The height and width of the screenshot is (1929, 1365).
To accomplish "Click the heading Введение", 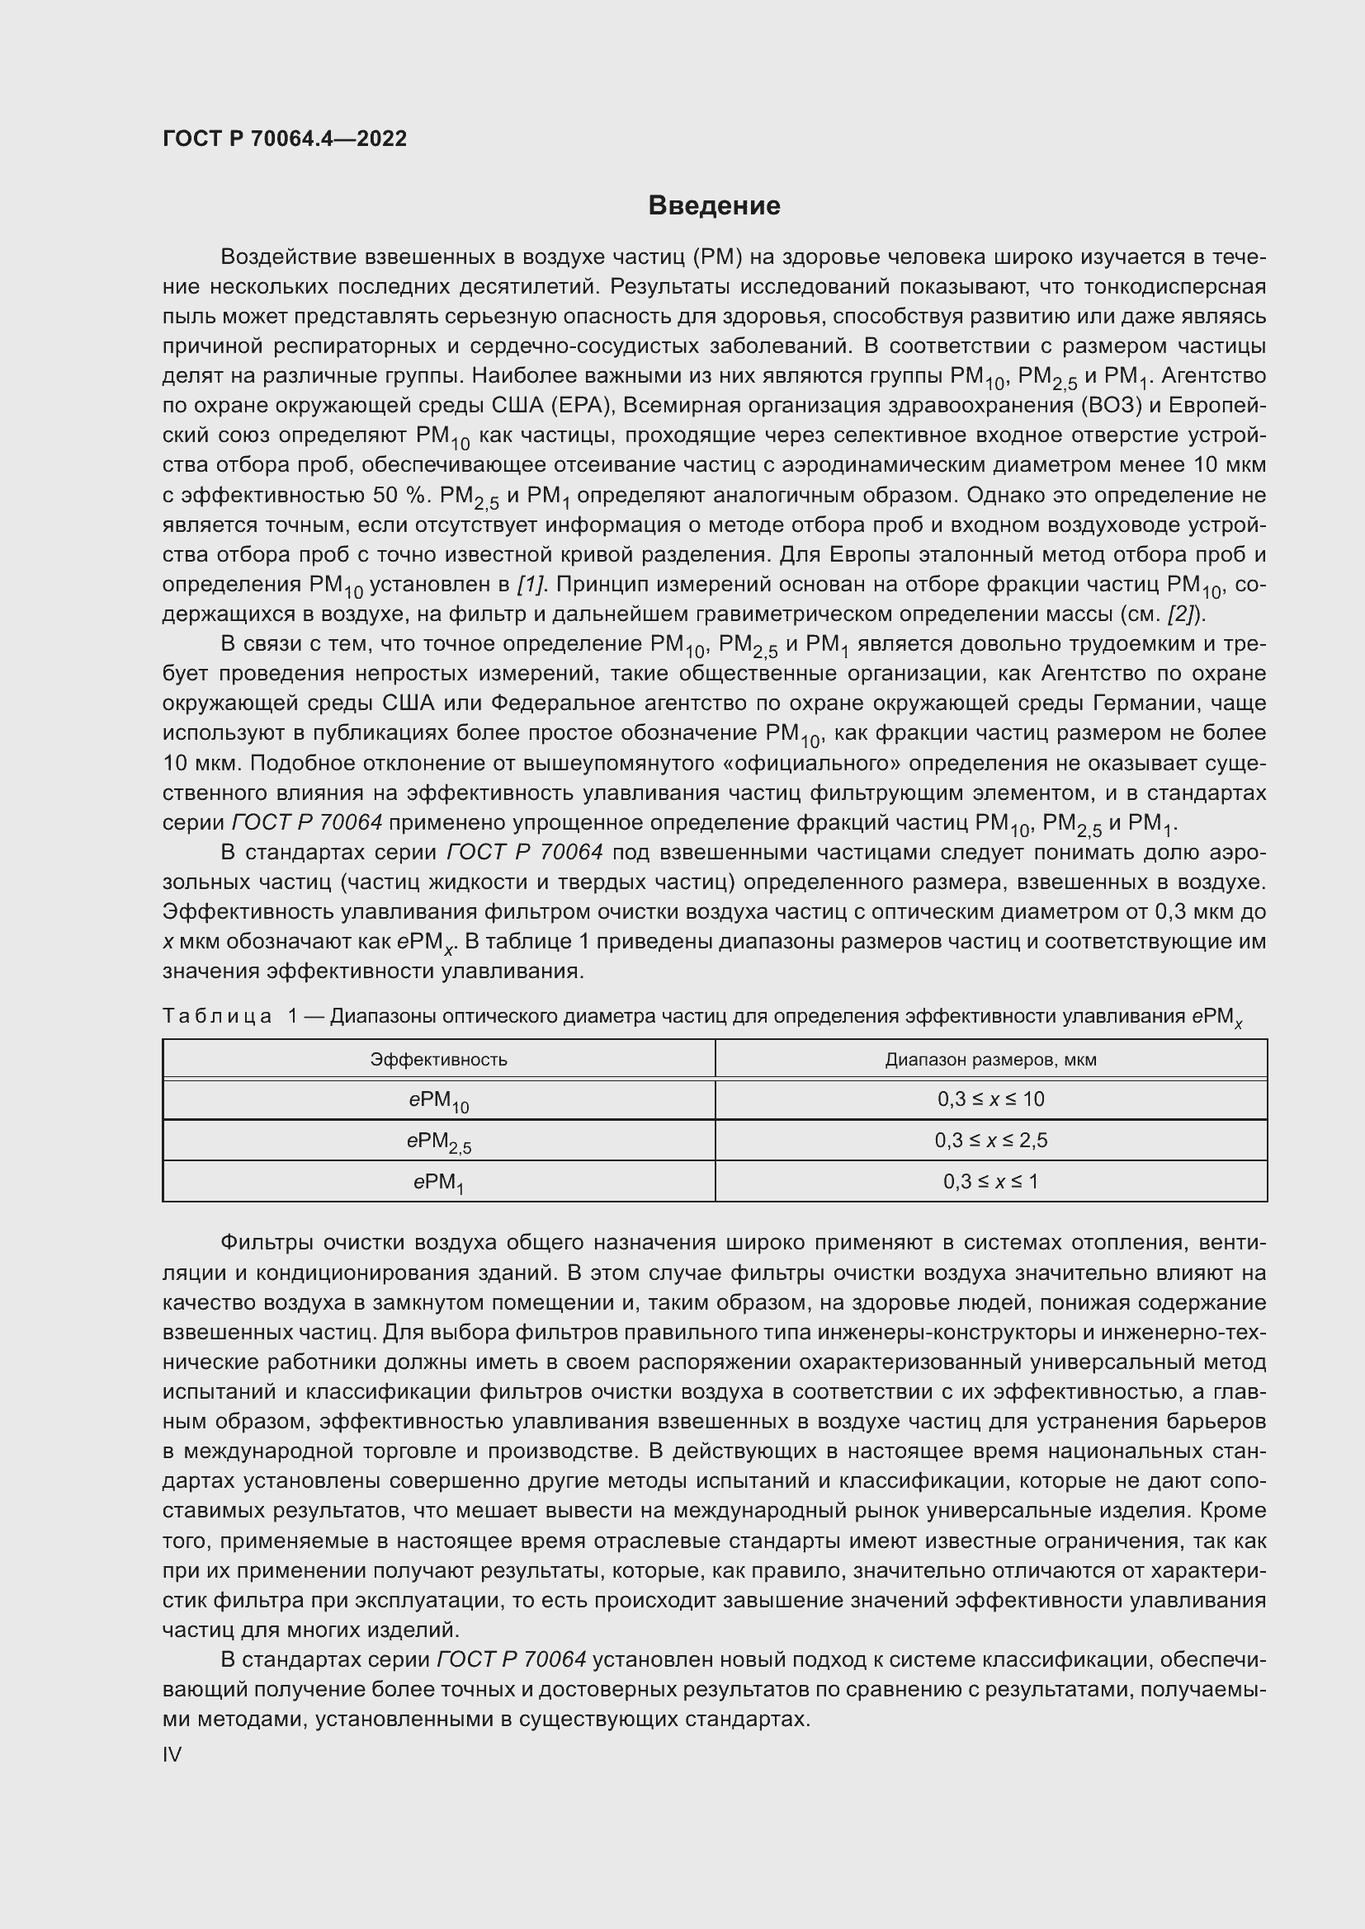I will click(x=714, y=206).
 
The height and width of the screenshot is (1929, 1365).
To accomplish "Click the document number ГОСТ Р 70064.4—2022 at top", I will click(x=284, y=139).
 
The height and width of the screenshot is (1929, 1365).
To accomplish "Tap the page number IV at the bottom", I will click(x=172, y=1754).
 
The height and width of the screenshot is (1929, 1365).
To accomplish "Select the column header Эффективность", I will click(x=438, y=1060).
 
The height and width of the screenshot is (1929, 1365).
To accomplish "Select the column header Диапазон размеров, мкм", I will click(x=990, y=1060).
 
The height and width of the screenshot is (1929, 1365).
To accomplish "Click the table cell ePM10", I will click(x=438, y=1101).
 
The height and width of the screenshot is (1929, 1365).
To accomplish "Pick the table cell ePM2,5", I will click(x=438, y=1141).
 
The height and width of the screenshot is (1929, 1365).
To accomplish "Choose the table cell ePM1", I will click(x=438, y=1183).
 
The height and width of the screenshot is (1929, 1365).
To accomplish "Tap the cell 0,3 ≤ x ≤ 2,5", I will click(x=990, y=1140).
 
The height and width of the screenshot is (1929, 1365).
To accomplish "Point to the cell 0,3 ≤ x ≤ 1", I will click(x=990, y=1181).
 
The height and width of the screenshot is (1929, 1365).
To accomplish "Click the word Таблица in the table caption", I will click(x=217, y=1017).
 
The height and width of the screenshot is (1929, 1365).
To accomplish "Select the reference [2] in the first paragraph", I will click(x=1182, y=614).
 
